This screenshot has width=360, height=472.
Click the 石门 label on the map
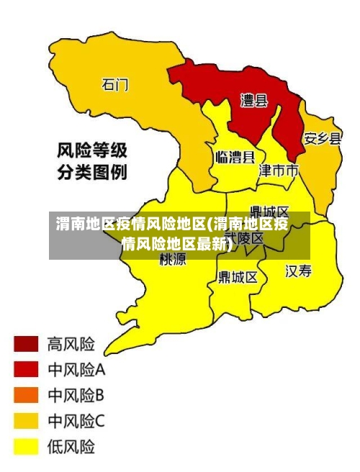tap(114, 85)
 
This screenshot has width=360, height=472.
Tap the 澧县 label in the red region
tap(253, 101)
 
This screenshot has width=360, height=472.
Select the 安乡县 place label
tap(322, 139)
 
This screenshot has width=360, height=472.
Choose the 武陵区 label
tap(245, 237)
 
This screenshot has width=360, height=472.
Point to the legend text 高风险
tap(71, 344)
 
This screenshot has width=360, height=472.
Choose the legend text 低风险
tap(71, 447)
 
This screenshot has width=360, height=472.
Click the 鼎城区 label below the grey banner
tap(238, 277)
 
